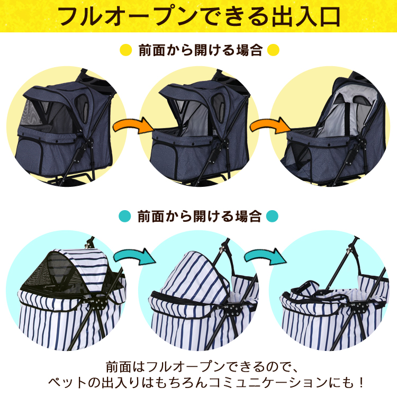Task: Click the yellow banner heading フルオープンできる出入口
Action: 199,17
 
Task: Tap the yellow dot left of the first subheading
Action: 126,50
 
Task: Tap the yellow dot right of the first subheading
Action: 273,50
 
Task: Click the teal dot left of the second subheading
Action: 125,216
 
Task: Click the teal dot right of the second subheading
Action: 272,216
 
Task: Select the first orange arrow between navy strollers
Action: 133,125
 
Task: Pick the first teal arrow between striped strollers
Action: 134,256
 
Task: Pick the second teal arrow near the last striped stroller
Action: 265,256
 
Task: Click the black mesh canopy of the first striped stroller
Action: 53,274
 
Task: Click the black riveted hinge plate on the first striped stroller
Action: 99,304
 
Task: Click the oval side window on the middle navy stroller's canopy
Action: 218,103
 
